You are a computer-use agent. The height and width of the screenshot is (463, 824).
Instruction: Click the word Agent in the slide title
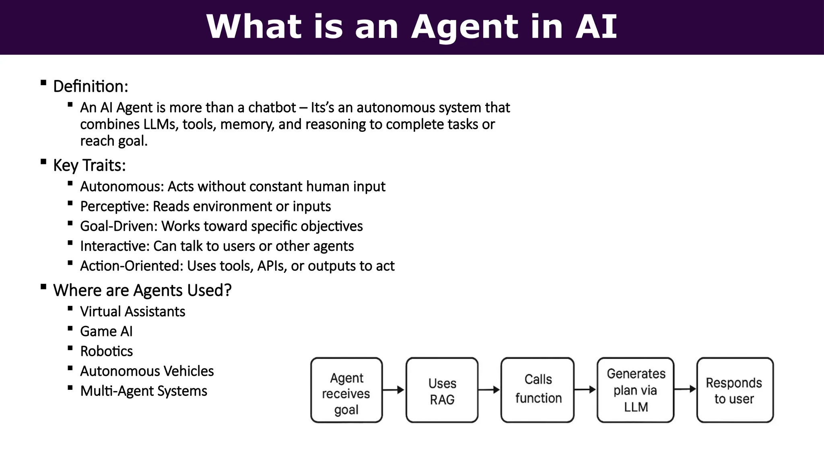pos(465,27)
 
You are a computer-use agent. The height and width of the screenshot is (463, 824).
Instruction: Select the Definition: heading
pos(91,86)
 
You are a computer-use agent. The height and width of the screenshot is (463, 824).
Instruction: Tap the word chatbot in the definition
pos(272,108)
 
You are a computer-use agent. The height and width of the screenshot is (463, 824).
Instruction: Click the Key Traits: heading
pos(89,166)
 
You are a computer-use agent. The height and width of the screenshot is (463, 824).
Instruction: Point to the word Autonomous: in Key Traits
pos(122,187)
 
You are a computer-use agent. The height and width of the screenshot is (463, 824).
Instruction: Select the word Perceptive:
pos(115,207)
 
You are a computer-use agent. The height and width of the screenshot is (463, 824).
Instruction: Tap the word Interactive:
pos(115,246)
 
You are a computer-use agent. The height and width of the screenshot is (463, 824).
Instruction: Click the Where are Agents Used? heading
pos(142,291)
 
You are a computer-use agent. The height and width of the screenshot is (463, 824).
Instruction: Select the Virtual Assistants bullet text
pos(132,312)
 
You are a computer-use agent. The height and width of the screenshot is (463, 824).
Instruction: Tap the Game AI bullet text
pos(106,332)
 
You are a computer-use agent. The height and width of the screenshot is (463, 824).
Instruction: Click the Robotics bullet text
pos(106,351)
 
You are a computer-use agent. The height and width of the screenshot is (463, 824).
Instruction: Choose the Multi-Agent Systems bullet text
pos(143,391)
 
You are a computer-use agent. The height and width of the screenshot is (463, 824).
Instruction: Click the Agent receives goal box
pos(346,390)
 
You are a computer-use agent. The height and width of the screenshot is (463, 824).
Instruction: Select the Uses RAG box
pos(442,390)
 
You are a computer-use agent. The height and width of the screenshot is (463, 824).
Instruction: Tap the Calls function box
pos(538,390)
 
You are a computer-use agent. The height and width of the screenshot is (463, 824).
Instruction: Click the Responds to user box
pos(735,390)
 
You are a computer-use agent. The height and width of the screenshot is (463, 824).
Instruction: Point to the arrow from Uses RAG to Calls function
pos(489,390)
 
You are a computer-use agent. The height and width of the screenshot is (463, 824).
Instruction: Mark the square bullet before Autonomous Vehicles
pos(70,368)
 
